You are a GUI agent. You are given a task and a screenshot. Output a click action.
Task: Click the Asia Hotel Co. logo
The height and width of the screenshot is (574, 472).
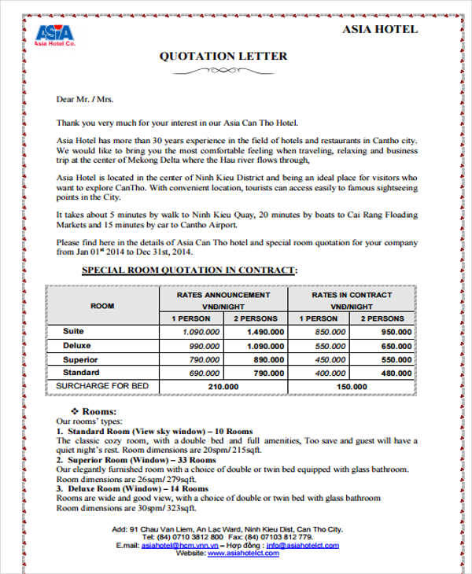point(54,35)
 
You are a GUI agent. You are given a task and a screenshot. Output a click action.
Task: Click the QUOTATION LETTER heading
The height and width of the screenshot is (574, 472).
point(223,56)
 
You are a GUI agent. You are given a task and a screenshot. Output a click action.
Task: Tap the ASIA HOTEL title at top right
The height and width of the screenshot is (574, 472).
point(381,30)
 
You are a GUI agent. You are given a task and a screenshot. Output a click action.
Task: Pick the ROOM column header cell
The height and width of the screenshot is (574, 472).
point(102,305)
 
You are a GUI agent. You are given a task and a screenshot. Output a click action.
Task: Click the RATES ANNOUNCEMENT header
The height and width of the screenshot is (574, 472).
point(224,295)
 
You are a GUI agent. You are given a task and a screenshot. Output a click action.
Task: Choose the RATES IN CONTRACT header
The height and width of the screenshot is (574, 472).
point(352,295)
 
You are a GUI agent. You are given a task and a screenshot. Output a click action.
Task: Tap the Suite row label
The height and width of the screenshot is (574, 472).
point(73,332)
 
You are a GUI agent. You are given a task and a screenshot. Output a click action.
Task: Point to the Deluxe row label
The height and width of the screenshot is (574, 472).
point(77,345)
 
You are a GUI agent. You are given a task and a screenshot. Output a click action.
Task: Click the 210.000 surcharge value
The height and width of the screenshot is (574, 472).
point(224,387)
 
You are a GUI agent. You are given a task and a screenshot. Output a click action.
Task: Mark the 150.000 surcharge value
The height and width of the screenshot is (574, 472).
point(351,387)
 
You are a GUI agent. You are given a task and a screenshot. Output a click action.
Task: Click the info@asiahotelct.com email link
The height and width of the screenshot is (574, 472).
point(302,545)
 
